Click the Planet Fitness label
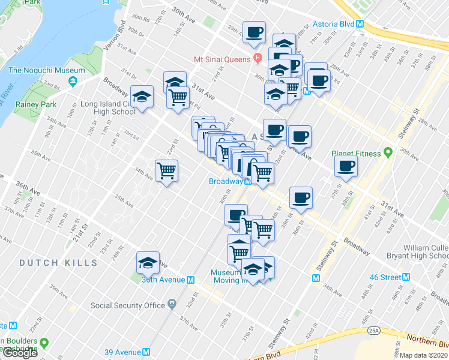[357, 154]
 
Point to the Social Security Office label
[128, 305]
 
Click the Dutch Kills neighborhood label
[58, 263]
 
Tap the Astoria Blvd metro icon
[360, 25]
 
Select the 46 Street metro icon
[406, 277]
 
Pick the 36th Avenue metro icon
[190, 280]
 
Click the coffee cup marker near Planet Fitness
[346, 166]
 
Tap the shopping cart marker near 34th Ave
[166, 170]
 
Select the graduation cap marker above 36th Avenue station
[148, 262]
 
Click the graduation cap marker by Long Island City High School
[142, 96]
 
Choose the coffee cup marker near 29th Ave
[254, 31]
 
